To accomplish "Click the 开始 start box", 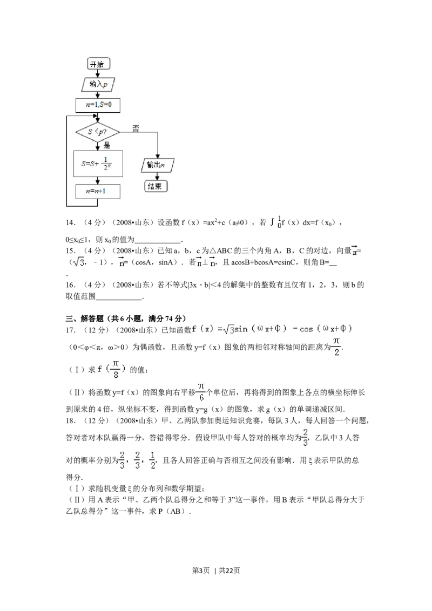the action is [x=99, y=64].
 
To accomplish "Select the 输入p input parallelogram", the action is [x=98, y=84].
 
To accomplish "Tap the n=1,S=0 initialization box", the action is [x=98, y=104].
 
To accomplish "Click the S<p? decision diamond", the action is [x=98, y=131].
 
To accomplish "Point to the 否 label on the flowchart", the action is [x=136, y=128].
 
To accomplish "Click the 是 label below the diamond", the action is [x=107, y=145].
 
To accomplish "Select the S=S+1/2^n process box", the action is [x=98, y=164].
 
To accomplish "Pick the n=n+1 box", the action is [x=98, y=192].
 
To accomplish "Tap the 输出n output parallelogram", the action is [x=158, y=166].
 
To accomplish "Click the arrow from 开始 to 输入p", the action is [x=98, y=74].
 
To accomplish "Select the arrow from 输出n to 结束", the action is [x=157, y=176].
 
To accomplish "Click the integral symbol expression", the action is [x=274, y=222].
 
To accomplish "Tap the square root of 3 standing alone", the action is [x=78, y=262].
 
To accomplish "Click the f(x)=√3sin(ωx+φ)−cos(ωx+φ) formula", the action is [x=274, y=329].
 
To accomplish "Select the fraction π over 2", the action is [x=335, y=347].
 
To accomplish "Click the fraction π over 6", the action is [x=201, y=392].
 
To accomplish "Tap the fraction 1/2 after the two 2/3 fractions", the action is [x=152, y=459].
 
